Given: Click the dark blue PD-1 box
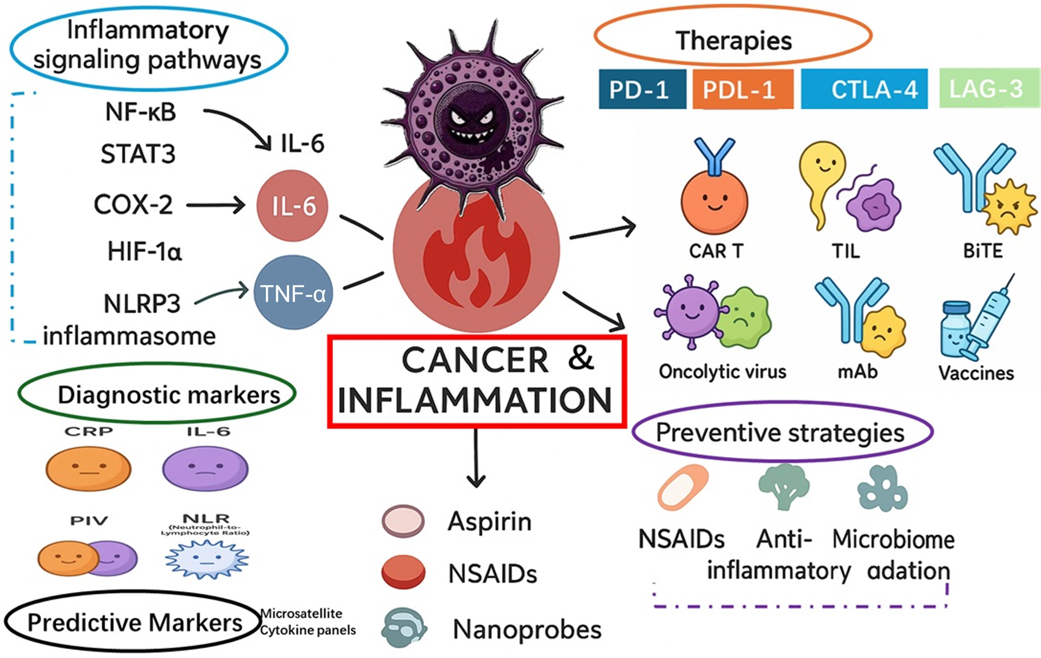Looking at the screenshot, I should (642, 89).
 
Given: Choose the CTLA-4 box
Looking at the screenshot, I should (864, 89).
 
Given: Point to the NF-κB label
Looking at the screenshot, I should (141, 112).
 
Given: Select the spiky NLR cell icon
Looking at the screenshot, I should (207, 559).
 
